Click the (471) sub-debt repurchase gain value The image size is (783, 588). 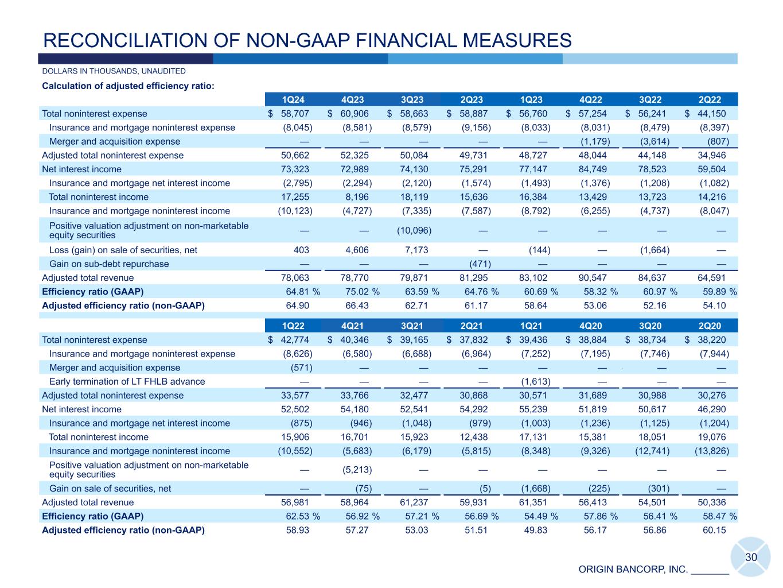(x=476, y=264)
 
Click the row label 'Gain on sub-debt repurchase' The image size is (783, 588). (x=109, y=264)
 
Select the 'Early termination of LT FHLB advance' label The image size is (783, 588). (x=127, y=382)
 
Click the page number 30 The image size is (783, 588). (x=751, y=558)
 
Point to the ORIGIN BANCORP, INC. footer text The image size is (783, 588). (x=633, y=570)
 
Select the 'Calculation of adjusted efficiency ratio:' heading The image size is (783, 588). (x=128, y=87)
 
